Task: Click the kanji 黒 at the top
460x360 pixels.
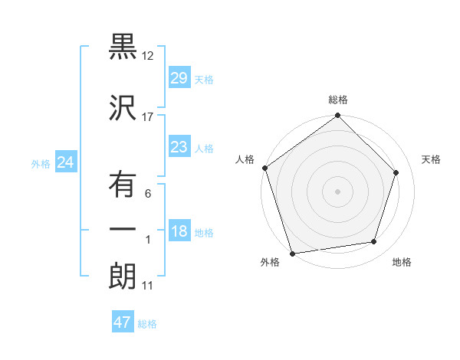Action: [123, 47]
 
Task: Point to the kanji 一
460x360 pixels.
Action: [123, 230]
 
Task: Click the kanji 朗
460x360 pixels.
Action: [123, 277]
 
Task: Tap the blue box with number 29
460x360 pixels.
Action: [179, 79]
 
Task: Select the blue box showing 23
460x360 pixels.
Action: [179, 148]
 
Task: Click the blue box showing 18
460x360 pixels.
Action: [179, 232]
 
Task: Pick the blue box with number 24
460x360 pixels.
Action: [66, 162]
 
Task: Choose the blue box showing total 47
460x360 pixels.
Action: [123, 322]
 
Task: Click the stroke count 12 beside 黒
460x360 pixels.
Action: [148, 56]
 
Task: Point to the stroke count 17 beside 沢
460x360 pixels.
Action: [148, 117]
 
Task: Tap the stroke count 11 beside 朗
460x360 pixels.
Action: [148, 286]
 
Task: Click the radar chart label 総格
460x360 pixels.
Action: [338, 100]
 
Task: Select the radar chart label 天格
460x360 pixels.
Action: [431, 159]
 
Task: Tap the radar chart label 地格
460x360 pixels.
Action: [402, 262]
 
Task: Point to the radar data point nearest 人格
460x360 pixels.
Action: [264, 168]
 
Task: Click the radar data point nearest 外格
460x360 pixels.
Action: [292, 253]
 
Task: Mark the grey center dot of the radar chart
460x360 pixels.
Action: [338, 191]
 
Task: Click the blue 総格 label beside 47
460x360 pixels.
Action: [147, 324]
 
